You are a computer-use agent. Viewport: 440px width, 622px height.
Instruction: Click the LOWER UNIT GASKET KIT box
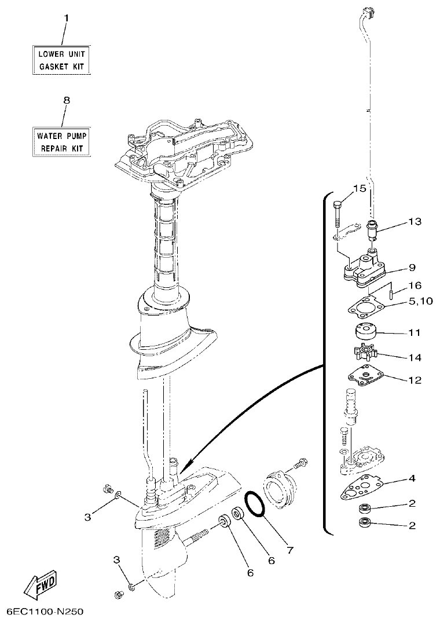point(61,60)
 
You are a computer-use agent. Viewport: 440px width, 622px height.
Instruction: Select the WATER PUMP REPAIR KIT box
point(61,142)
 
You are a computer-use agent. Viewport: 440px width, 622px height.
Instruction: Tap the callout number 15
point(359,189)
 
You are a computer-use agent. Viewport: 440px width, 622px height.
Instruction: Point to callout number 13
point(415,222)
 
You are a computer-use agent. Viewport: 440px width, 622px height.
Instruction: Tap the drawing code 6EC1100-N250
point(46,612)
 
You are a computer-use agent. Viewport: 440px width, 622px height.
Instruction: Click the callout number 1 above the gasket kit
point(66,18)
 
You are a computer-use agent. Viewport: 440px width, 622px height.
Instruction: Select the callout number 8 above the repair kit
point(66,100)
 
